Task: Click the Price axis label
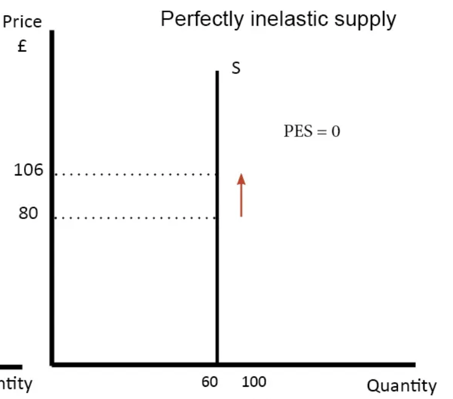(22, 22)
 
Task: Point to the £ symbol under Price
(22, 46)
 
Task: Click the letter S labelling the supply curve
(236, 69)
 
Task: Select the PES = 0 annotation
(312, 132)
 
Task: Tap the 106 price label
(29, 170)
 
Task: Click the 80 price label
(29, 213)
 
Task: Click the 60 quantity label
(210, 383)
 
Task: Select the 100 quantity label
(254, 383)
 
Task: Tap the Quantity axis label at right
(401, 386)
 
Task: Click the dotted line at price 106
(134, 175)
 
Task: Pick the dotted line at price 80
(134, 218)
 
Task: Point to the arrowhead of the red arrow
(241, 178)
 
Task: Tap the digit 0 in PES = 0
(336, 132)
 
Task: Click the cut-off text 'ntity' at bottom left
(16, 384)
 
